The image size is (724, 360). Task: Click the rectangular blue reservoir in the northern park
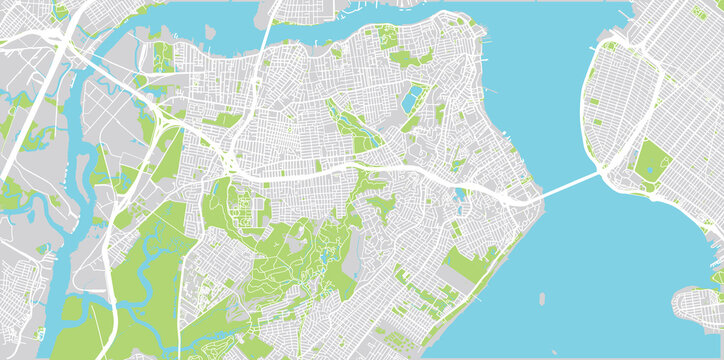click(x=412, y=98)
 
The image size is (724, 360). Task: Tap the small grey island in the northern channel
click(x=264, y=13)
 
